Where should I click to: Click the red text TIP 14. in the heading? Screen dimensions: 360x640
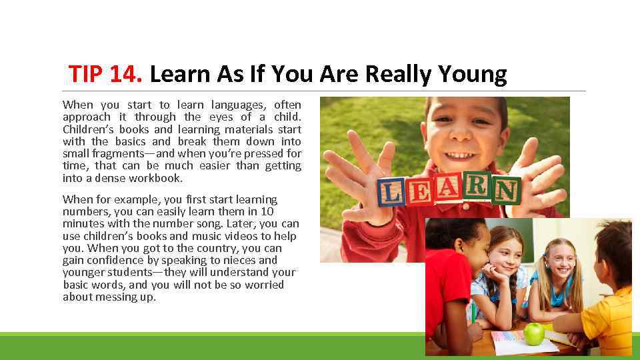105,74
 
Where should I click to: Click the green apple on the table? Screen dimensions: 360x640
534,333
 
